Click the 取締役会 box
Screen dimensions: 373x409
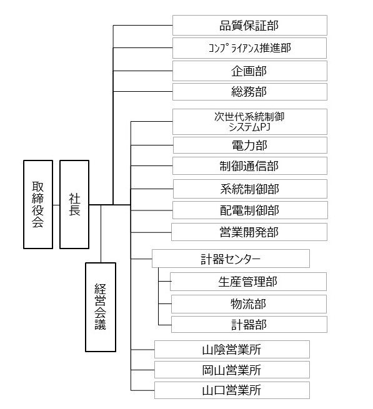38,205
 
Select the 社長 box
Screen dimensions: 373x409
74,205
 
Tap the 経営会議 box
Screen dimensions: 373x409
101,307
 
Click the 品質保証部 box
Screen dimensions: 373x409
250,26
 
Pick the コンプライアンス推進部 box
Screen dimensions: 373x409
249,48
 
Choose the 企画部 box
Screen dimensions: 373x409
250,71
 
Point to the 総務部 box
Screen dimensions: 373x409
250,92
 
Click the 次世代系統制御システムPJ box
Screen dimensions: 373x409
250,122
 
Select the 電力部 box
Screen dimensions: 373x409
250,145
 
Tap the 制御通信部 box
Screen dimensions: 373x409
250,166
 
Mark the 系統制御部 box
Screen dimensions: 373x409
250,189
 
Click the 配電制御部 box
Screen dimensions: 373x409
250,210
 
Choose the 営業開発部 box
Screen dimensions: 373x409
249,232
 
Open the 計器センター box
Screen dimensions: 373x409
231,259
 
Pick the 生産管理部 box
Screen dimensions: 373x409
248,282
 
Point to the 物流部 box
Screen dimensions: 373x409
249,304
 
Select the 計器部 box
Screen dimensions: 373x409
249,325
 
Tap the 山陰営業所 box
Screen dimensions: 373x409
232,349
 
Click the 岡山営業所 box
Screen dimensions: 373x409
232,370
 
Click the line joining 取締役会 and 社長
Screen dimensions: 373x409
56,205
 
